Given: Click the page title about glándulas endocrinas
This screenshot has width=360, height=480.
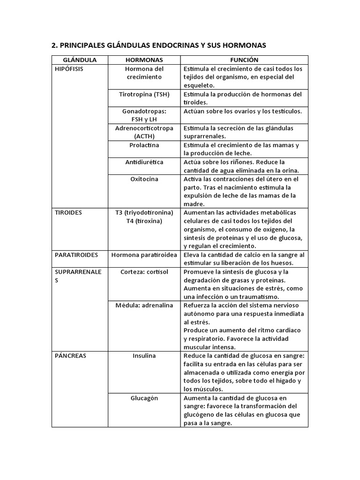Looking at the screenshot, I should click(x=158, y=45).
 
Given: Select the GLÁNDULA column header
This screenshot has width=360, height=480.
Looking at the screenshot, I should click(x=80, y=60).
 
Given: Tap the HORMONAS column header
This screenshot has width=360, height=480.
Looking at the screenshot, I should click(x=144, y=60).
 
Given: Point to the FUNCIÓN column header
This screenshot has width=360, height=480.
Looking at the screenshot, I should click(x=244, y=60).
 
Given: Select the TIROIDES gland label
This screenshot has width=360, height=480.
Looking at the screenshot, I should click(x=68, y=212).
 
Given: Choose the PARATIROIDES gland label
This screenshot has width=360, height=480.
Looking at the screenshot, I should click(x=76, y=255).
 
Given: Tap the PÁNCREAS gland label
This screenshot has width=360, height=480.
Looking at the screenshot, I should click(x=70, y=356).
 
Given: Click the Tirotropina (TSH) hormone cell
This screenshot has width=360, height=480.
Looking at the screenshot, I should click(x=144, y=94).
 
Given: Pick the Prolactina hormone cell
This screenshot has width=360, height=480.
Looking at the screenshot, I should click(x=144, y=145).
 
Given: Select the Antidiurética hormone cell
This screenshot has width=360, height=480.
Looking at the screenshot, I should click(x=144, y=162).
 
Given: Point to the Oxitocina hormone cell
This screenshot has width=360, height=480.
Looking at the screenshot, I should click(x=144, y=179).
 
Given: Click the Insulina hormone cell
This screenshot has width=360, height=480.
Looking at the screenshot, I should click(x=144, y=356).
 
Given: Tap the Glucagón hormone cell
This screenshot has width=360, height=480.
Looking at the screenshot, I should click(x=144, y=398).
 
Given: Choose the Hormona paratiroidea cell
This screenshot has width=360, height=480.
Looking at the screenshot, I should click(x=144, y=255).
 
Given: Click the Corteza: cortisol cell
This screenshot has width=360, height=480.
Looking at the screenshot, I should click(x=144, y=271).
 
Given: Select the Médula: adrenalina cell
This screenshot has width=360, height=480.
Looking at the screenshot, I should click(x=144, y=305).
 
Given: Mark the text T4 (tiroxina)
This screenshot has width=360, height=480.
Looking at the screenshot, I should click(x=144, y=221).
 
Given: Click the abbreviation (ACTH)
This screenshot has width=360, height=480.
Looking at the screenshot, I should click(x=144, y=136).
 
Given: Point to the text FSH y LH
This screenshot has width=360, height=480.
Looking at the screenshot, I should click(x=144, y=120).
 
